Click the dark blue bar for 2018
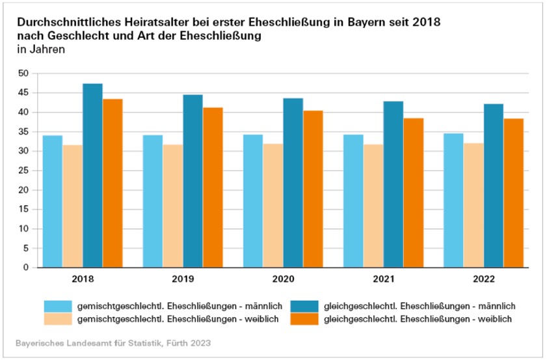point(92,176)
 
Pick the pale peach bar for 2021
point(373,206)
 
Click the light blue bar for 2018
point(52,201)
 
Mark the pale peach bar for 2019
point(173,206)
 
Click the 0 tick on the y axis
point(26,268)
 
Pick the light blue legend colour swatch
point(57,306)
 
